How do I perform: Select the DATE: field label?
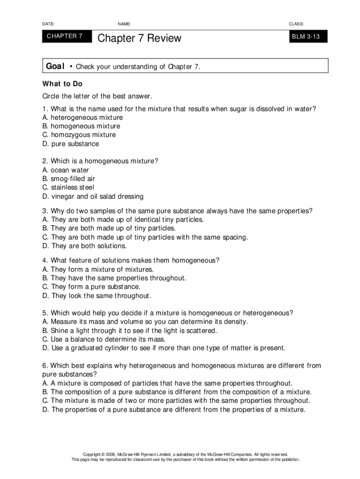(x=48, y=23)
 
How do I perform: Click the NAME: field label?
(x=124, y=23)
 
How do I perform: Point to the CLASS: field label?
(x=296, y=23)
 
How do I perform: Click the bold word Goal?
(x=55, y=66)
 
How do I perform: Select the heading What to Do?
(x=62, y=84)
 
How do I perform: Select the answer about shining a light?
(x=130, y=330)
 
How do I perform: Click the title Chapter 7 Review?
(x=139, y=38)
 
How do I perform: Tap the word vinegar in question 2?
(x=63, y=196)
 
